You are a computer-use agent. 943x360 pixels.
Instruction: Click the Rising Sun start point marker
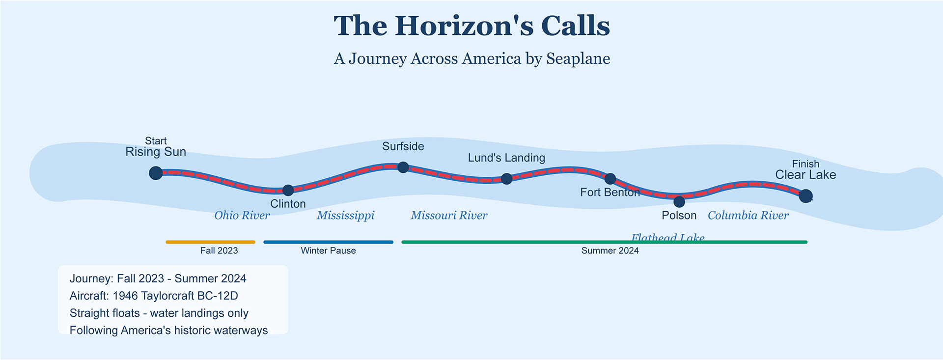[x=156, y=173]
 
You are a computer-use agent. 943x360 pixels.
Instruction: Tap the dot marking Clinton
[x=288, y=190]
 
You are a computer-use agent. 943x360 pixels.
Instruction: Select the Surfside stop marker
[x=403, y=167]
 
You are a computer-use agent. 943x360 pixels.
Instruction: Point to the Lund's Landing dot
[x=507, y=179]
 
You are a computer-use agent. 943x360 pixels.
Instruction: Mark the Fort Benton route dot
[x=610, y=179]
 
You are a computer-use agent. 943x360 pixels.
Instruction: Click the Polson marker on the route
[x=679, y=201]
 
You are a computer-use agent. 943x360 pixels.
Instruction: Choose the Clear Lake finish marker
[x=805, y=196]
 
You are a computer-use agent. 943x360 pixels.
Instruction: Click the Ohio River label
[x=242, y=215]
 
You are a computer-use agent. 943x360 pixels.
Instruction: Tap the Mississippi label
[x=345, y=215]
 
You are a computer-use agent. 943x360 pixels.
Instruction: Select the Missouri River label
[x=449, y=215]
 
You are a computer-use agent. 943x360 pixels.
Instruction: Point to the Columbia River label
[x=748, y=215]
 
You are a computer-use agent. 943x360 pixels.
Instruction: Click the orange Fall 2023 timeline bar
[x=210, y=242]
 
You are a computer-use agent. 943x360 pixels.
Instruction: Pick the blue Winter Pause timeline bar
[x=328, y=242]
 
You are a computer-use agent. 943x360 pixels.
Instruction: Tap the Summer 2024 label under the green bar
[x=610, y=251]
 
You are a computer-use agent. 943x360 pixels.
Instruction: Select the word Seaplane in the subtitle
[x=578, y=58]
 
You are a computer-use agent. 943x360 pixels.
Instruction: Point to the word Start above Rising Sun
[x=156, y=141]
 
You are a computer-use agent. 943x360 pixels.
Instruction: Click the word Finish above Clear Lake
[x=805, y=164]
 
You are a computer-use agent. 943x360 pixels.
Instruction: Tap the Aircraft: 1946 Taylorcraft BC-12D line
[x=154, y=296]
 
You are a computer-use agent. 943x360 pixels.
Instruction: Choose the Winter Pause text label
[x=328, y=251]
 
